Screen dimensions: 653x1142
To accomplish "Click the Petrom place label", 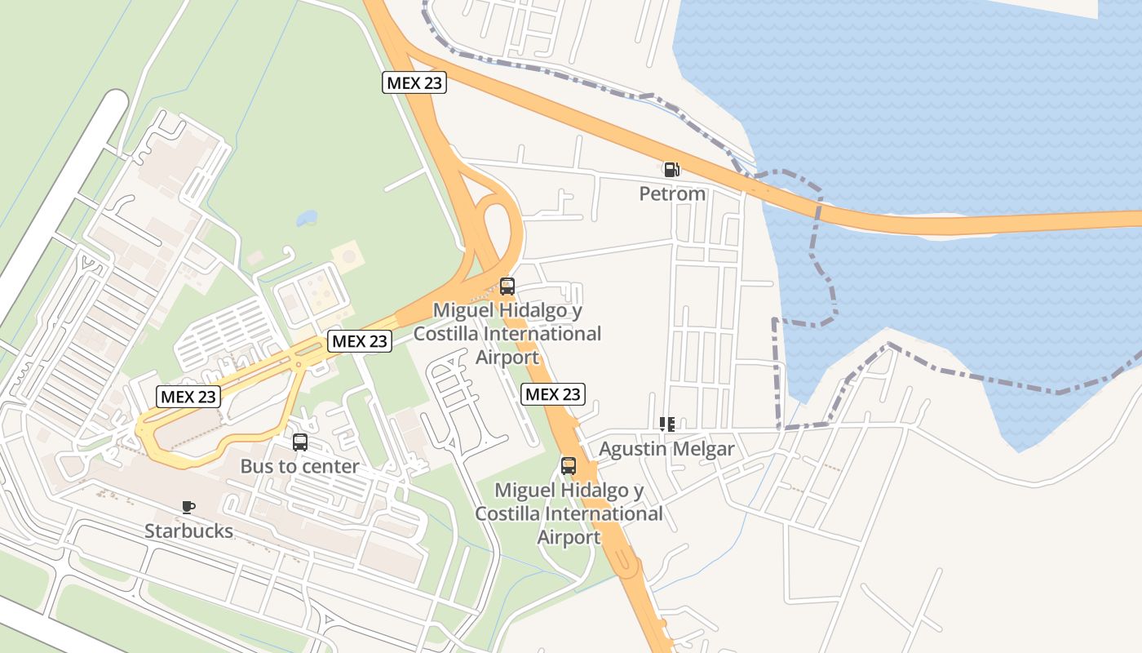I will pyautogui.click(x=671, y=194).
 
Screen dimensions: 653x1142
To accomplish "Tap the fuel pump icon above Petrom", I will pyautogui.click(x=671, y=170).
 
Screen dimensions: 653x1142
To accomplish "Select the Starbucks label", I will pyautogui.click(x=188, y=531).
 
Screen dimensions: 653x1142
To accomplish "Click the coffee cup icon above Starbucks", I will pyautogui.click(x=188, y=507).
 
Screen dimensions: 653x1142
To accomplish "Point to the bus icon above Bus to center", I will pyautogui.click(x=300, y=442).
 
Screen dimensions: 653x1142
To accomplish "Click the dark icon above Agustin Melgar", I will pyautogui.click(x=666, y=424).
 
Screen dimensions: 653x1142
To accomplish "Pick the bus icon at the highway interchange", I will pyautogui.click(x=507, y=287).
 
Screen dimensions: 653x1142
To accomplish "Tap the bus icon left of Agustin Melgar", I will pyautogui.click(x=569, y=466).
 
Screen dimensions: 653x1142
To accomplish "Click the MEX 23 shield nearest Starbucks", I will pyautogui.click(x=188, y=397).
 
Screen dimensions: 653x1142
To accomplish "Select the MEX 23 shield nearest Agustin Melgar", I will pyautogui.click(x=553, y=394).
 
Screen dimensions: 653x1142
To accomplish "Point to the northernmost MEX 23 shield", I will pyautogui.click(x=414, y=82).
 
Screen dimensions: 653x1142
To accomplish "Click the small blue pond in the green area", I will pyautogui.click(x=307, y=218).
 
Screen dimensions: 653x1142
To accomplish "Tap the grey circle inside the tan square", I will pyautogui.click(x=350, y=257).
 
